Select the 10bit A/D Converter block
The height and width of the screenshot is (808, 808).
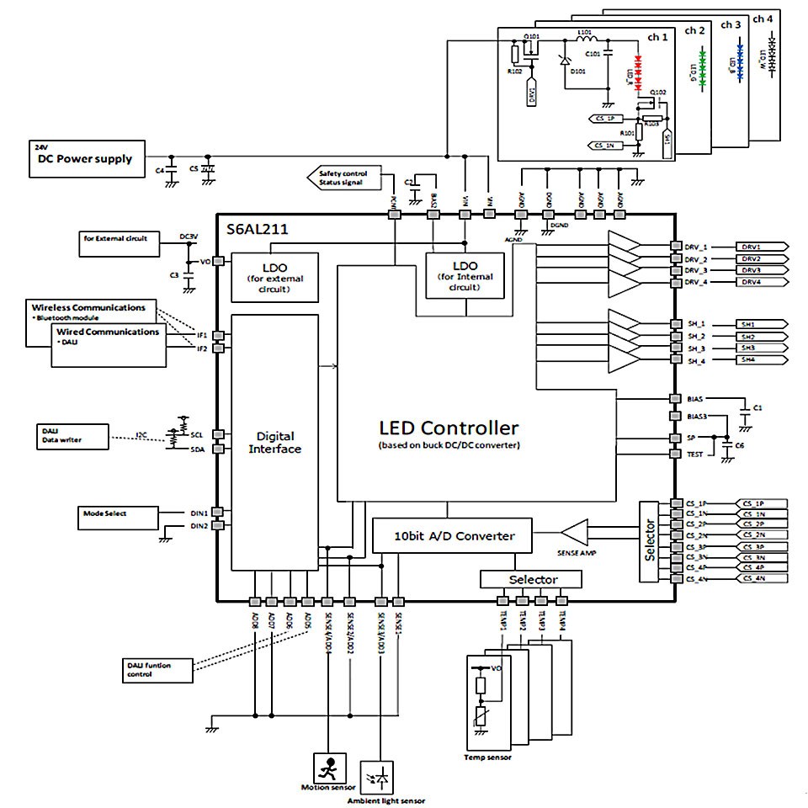[x=453, y=534]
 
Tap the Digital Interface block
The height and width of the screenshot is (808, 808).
[x=275, y=442]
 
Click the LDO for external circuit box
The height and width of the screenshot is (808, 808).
[x=274, y=277]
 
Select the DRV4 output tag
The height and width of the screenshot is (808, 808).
[x=761, y=283]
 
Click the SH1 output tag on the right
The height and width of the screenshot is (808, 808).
[x=761, y=324]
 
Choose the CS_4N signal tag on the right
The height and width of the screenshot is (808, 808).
[x=761, y=579]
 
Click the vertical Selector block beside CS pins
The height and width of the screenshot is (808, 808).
[x=650, y=541]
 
